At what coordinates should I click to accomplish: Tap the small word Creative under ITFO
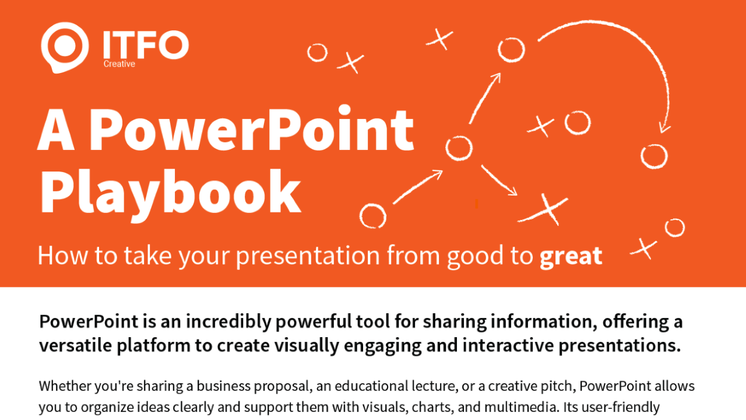click(x=119, y=64)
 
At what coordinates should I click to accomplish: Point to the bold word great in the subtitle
click(x=571, y=257)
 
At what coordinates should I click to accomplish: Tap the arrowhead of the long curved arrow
click(x=664, y=128)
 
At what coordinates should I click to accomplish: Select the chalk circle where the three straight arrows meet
click(x=459, y=148)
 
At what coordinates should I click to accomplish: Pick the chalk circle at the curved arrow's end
click(x=653, y=156)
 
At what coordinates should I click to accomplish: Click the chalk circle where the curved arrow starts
click(x=511, y=50)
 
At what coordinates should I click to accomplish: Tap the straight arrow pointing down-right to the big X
click(x=499, y=180)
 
